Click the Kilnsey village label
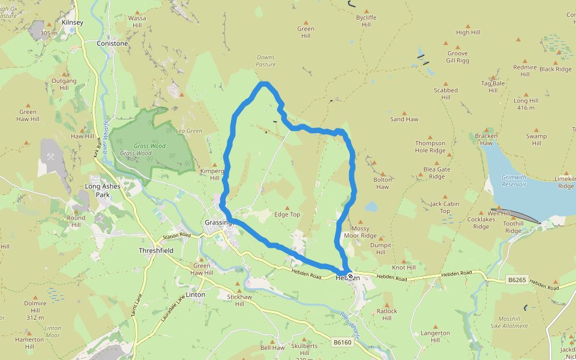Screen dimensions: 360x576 (73, 22)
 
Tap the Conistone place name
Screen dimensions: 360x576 (112, 43)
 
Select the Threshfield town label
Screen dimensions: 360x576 (155, 250)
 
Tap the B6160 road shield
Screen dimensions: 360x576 (342, 342)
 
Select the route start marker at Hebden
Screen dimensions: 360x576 (350, 277)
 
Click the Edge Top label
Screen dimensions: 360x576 (287, 214)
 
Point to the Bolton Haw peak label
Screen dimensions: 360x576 (382, 183)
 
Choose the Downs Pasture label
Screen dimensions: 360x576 (266, 61)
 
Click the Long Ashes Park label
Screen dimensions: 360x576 (102, 190)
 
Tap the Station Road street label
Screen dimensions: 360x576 (176, 235)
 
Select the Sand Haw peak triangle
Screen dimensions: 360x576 (404, 112)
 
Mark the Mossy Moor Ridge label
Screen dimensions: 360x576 (360, 232)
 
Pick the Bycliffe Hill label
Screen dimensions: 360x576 (366, 22)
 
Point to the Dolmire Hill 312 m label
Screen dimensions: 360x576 (35, 307)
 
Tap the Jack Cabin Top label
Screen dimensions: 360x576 (445, 207)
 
